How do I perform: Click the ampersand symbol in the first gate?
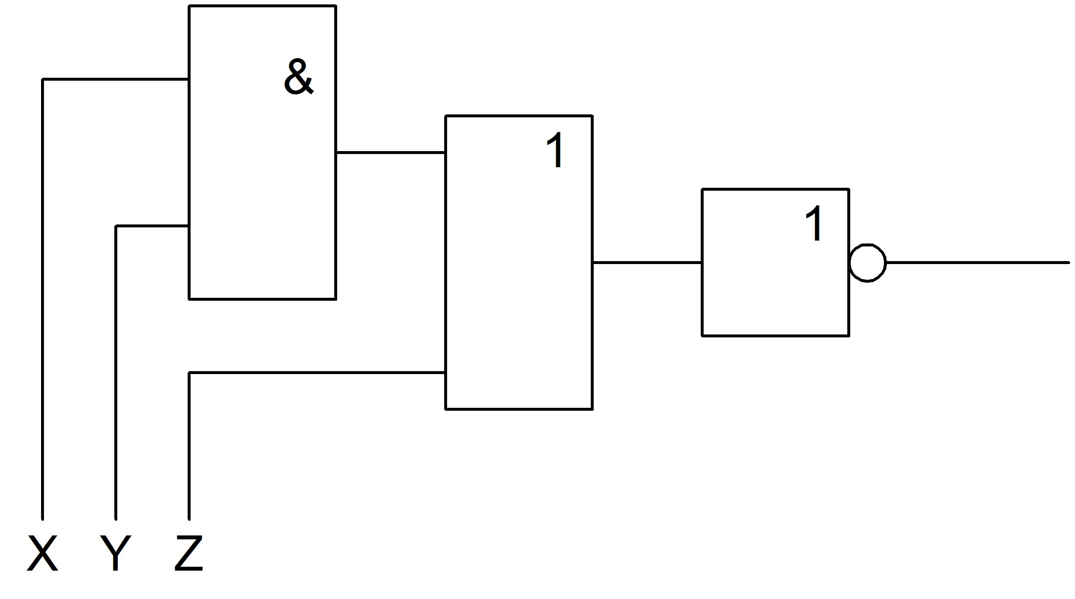point(299,77)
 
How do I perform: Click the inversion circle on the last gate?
point(868,263)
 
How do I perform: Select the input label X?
point(43,553)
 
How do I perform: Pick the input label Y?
point(115,553)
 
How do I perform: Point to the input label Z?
point(189,553)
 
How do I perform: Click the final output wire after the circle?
point(978,263)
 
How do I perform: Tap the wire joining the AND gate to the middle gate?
point(390,153)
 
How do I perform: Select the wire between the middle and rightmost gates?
point(647,263)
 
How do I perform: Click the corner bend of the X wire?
point(43,79)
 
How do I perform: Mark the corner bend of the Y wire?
point(116,226)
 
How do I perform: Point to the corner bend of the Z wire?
point(189,373)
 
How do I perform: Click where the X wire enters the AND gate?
point(189,79)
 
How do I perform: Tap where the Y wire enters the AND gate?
point(189,226)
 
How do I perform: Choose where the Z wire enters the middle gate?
point(445,373)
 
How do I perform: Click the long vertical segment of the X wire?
point(43,299)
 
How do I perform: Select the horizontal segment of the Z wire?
point(317,373)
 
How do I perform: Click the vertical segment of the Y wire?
point(116,373)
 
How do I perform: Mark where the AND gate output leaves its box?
point(336,153)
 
